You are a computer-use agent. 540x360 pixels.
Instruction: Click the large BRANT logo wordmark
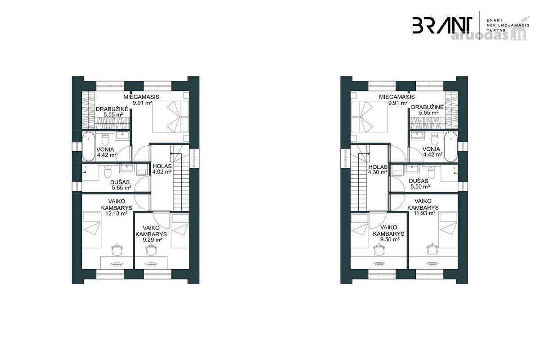point(442,25)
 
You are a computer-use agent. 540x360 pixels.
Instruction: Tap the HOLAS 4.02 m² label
point(162,169)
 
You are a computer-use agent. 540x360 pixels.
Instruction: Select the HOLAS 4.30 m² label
point(378,169)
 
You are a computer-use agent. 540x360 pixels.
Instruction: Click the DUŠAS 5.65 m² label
point(120,185)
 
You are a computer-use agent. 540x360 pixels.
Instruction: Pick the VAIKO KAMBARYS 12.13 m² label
point(117,207)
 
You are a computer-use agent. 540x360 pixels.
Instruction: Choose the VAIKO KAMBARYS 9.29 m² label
point(151,234)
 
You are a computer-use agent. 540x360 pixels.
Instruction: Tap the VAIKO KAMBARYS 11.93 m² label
point(423,207)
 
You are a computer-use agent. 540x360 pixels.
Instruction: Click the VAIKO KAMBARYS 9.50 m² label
point(389,234)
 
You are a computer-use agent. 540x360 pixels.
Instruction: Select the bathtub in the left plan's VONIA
point(89,146)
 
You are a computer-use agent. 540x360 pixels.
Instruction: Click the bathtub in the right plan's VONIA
point(450,146)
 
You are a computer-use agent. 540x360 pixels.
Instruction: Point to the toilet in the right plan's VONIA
point(434,139)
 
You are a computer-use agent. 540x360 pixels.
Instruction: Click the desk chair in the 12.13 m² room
point(117,250)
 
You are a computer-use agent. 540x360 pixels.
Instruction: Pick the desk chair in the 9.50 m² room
point(379,250)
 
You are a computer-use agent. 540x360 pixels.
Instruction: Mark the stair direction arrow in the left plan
point(176,153)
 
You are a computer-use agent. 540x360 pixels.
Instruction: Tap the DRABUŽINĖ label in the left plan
point(112,109)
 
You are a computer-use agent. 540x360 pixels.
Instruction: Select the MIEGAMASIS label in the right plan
point(397,97)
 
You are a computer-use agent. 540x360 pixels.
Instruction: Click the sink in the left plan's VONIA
point(123,135)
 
